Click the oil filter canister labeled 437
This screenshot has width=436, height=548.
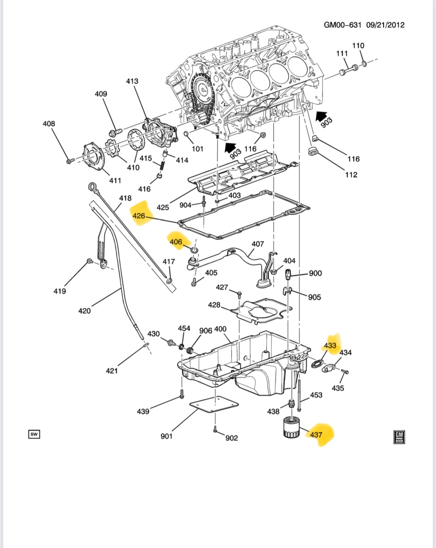point(291,427)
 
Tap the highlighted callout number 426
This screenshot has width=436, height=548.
point(139,215)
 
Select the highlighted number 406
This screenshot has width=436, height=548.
point(176,242)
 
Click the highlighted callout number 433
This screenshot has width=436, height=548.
point(330,345)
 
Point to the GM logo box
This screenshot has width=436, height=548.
point(399,437)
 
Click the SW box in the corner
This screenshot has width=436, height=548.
point(34,434)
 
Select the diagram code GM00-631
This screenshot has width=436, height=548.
point(342,25)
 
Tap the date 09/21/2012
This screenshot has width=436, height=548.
point(385,25)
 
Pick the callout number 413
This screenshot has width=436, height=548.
point(132,81)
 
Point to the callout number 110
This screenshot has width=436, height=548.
point(358,46)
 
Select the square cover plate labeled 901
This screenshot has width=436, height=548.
point(214,405)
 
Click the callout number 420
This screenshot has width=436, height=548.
point(84,311)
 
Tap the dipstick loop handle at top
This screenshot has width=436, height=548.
point(92,186)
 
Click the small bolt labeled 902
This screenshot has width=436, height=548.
point(215,430)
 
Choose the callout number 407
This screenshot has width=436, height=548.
point(258,244)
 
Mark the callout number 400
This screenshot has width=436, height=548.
point(220,329)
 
